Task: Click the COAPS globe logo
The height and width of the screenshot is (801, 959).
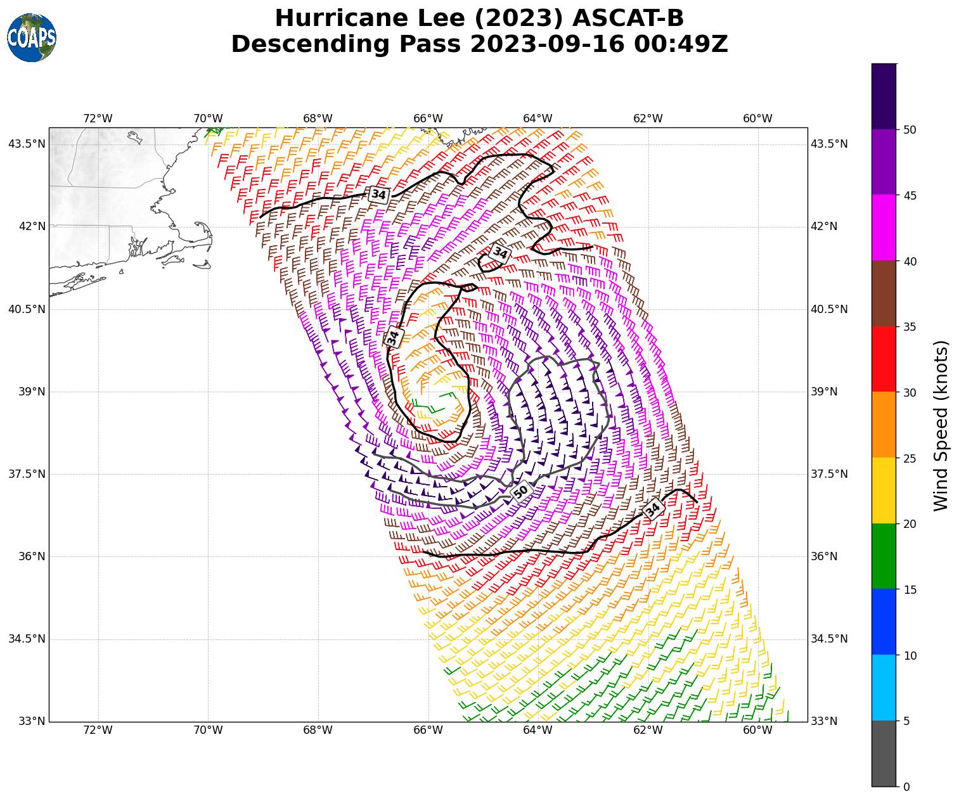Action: click(x=32, y=38)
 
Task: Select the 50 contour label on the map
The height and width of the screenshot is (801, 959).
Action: click(x=521, y=491)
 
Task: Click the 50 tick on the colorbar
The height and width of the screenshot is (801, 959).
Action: click(x=910, y=129)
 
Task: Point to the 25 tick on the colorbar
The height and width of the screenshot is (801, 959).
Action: click(x=910, y=458)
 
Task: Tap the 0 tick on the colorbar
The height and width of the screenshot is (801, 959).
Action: click(x=906, y=786)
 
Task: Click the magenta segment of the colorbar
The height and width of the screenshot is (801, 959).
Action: click(x=884, y=227)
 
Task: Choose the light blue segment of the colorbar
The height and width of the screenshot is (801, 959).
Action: click(x=884, y=688)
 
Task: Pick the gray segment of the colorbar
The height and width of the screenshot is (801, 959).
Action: click(x=884, y=753)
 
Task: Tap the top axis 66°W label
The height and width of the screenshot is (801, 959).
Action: click(x=428, y=119)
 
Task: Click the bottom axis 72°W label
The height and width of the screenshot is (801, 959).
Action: click(x=98, y=730)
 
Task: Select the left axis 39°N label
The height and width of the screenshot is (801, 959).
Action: click(x=27, y=392)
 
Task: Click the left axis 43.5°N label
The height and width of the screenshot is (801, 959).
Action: click(x=27, y=144)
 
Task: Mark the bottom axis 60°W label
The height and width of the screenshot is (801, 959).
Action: click(x=757, y=730)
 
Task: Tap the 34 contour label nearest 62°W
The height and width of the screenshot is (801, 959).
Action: click(x=653, y=509)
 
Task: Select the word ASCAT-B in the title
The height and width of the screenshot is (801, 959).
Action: click(x=627, y=18)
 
